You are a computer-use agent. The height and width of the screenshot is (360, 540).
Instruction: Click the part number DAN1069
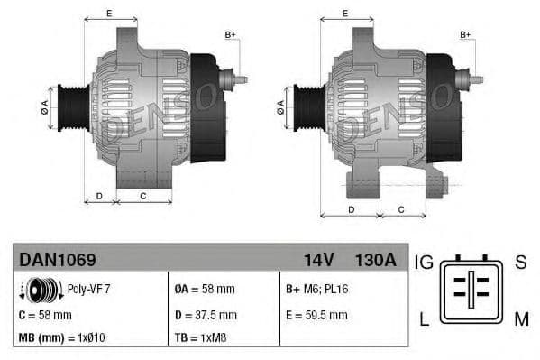point(57,260)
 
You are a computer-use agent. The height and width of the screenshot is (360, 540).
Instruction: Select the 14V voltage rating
point(318,260)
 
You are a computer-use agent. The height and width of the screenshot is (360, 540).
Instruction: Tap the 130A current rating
point(375,260)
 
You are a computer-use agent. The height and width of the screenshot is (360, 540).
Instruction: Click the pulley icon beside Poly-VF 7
point(41,290)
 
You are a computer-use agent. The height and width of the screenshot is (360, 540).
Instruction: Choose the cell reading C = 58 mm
point(45,315)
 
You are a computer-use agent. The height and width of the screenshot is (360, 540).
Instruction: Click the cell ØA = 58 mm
point(204,290)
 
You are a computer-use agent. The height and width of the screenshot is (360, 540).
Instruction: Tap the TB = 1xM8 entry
point(198,338)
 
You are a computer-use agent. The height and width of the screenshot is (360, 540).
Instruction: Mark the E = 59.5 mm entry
point(316,315)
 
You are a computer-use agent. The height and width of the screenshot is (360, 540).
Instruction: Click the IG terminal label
point(424,263)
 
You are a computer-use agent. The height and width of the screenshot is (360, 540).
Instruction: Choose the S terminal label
point(520,263)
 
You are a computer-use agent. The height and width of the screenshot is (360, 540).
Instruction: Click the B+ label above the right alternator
point(465,34)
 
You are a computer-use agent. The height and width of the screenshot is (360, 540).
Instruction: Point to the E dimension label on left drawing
point(109,13)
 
